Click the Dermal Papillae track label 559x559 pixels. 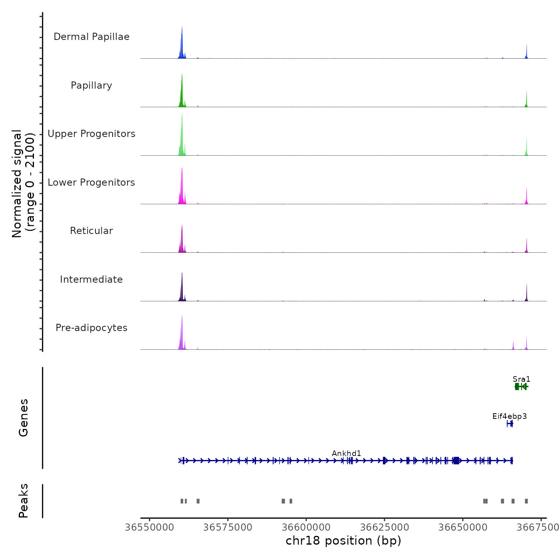click(91, 37)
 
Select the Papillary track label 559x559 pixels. click(91, 85)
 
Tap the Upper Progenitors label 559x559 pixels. click(91, 134)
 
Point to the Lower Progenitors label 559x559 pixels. click(91, 182)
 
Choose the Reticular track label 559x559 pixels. click(91, 231)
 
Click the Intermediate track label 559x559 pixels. click(91, 279)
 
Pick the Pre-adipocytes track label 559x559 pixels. click(91, 328)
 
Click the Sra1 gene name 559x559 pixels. click(521, 379)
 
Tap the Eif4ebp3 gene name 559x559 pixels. click(509, 416)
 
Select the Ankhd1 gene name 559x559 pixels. click(347, 453)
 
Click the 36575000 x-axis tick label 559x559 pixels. click(228, 527)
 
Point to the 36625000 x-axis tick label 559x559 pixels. click(385, 527)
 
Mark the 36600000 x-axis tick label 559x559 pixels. click(306, 527)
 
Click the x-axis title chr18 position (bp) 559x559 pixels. click(343, 541)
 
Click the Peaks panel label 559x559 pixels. click(24, 501)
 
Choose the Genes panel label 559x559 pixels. click(24, 418)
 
